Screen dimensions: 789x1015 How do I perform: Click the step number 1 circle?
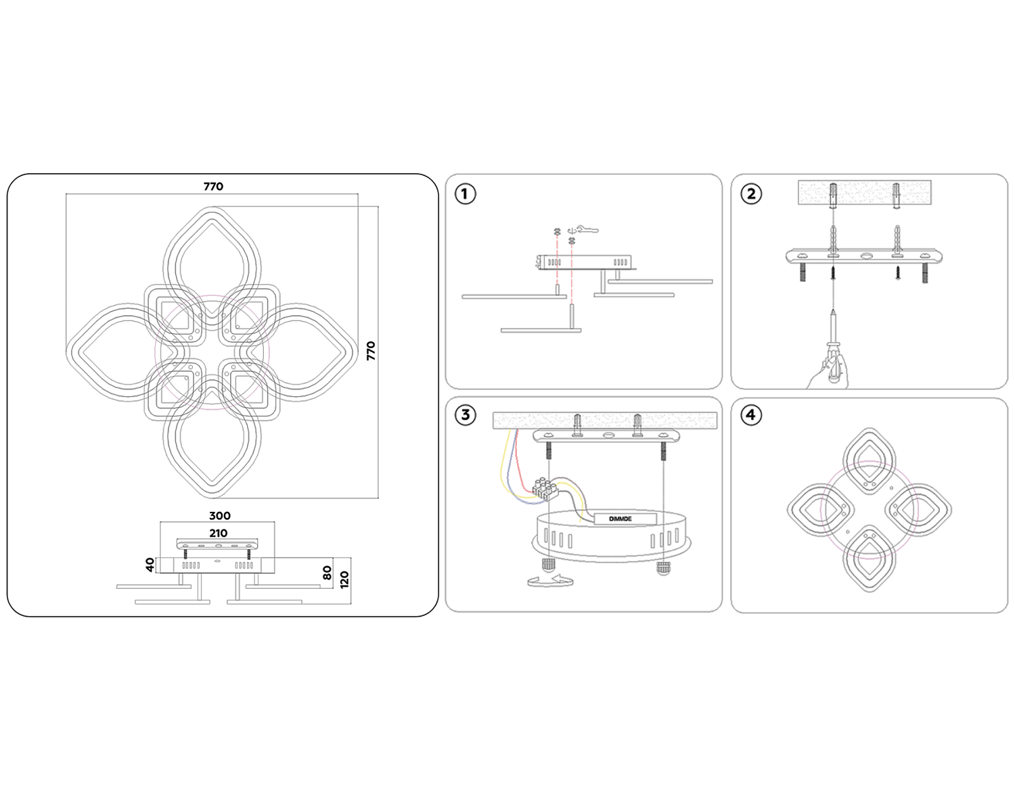(464, 194)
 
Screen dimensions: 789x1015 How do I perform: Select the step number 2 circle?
(751, 194)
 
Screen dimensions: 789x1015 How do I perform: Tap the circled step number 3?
(464, 414)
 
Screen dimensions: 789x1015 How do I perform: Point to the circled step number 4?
(751, 414)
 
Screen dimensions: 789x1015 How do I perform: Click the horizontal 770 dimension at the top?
(212, 186)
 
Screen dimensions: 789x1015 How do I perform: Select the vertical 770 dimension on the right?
(370, 351)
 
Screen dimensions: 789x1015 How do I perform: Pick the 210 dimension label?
(218, 533)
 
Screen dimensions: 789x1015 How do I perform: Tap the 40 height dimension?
(150, 564)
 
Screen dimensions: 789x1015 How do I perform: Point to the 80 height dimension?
(327, 573)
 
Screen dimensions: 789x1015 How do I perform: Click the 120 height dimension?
(344, 579)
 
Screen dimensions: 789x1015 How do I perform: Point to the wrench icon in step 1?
(586, 230)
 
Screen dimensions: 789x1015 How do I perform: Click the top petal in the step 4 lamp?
(869, 464)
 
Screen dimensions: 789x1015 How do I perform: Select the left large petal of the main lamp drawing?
(112, 352)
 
